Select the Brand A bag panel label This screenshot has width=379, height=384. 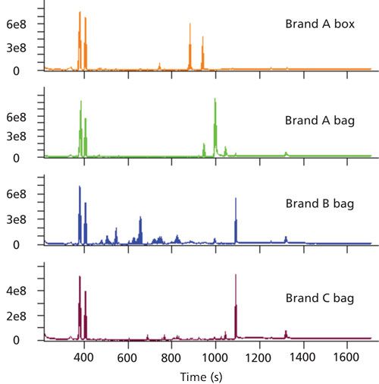click(x=316, y=120)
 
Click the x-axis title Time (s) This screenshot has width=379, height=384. click(x=208, y=375)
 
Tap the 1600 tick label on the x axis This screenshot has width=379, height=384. click(x=348, y=355)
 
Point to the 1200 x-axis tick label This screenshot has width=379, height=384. click(x=260, y=355)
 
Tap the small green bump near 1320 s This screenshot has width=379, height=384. click(x=286, y=153)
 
